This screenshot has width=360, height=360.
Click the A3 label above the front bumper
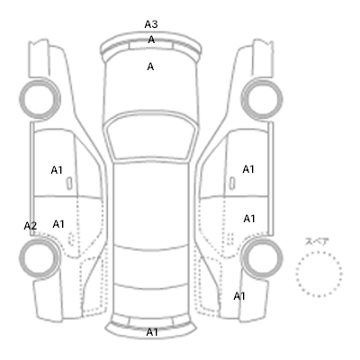151,24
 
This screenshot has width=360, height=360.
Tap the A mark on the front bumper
151,40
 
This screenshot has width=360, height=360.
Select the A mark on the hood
150,67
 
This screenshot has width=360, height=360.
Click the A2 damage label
31,226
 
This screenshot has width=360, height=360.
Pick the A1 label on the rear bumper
152,332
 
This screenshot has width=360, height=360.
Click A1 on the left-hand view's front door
57,170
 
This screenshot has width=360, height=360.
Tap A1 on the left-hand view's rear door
58,224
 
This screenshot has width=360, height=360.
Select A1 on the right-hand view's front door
248,169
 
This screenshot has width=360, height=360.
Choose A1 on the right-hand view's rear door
249,219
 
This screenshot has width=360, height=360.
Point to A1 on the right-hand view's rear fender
239,296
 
